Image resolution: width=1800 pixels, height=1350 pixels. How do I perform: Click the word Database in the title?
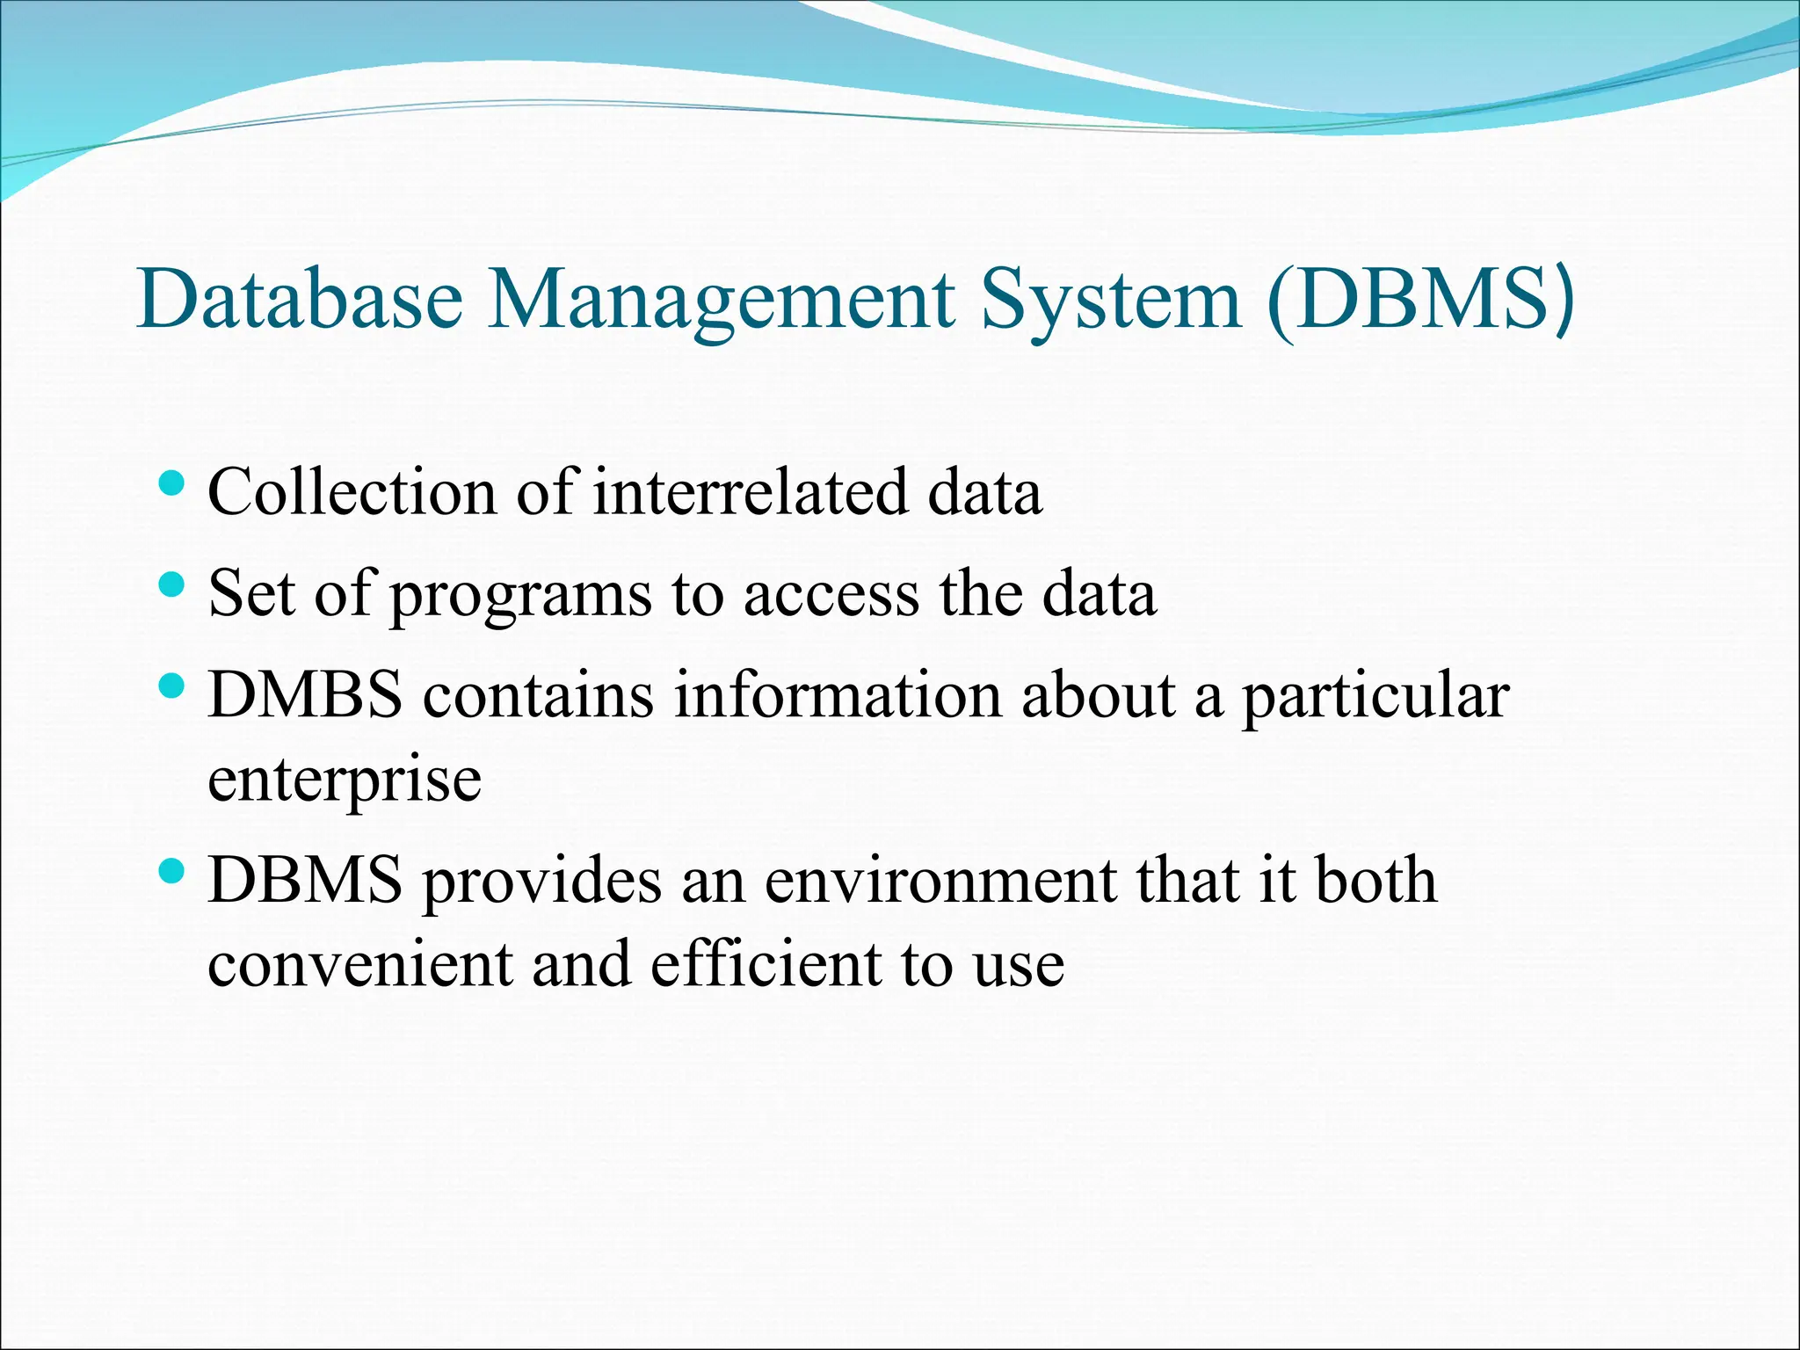coord(300,299)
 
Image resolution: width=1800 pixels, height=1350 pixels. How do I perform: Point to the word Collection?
coord(352,491)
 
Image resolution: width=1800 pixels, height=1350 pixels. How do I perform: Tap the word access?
coord(831,594)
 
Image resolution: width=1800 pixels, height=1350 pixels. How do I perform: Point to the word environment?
coord(940,880)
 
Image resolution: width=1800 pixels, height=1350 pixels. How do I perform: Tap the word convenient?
coord(360,963)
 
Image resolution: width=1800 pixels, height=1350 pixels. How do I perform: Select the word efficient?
coord(765,963)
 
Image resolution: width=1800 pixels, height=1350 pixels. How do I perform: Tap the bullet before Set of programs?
coord(172,584)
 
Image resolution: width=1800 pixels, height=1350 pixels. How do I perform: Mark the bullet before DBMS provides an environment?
coord(172,871)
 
